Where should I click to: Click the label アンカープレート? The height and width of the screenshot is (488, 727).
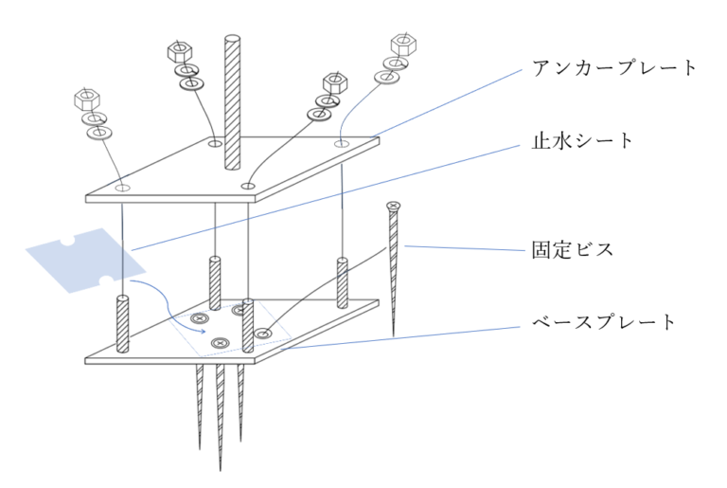614,68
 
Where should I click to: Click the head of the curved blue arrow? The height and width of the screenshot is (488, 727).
203,331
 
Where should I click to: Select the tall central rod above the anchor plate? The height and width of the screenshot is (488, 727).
231,95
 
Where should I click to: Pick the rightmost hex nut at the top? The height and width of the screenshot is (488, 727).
401,43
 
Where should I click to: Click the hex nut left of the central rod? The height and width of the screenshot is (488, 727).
179,50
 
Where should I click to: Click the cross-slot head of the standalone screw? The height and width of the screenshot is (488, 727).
393,206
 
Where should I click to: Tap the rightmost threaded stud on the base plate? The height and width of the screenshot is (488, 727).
343,280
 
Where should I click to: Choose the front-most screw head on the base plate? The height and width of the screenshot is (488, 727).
222,342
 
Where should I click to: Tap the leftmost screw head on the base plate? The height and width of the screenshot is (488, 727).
200,319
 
